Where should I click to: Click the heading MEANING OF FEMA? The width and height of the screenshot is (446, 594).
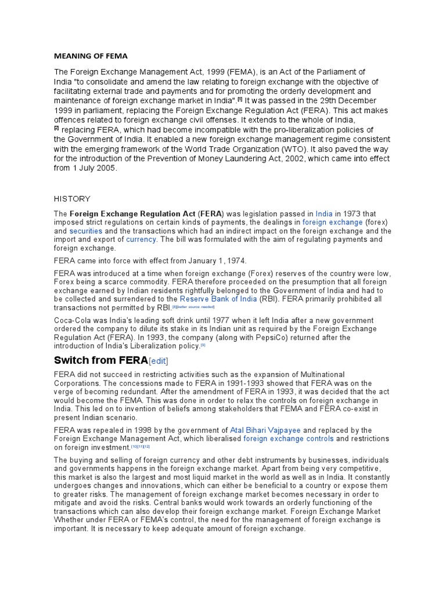coord(91,56)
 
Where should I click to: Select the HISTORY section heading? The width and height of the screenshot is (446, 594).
coord(72,198)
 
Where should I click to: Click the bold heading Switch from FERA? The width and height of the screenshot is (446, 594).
coord(100,361)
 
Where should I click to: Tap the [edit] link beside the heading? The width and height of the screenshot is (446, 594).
coord(159,361)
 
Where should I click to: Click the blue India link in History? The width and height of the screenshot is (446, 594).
coord(324,213)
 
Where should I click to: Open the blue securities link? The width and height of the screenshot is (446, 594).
coord(86,230)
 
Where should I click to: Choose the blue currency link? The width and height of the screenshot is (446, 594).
coord(141,239)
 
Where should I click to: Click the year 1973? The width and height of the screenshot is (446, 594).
coord(354,213)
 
